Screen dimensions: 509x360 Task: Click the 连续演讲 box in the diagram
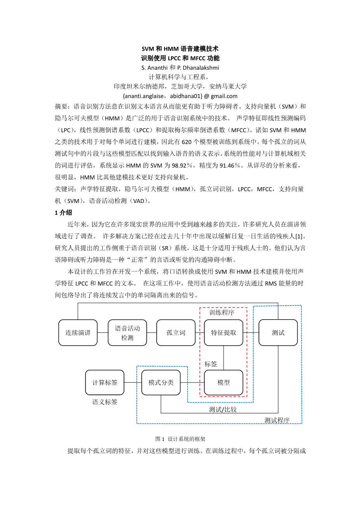click(x=78, y=332)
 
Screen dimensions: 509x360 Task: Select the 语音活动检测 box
click(x=128, y=332)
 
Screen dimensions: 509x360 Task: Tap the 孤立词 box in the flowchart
click(x=176, y=332)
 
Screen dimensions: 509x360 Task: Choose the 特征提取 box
click(x=224, y=332)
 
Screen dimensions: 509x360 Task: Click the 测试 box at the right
click(x=278, y=332)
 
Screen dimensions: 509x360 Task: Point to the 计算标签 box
click(x=105, y=382)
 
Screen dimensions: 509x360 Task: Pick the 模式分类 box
click(x=161, y=382)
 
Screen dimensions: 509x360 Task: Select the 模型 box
click(x=224, y=382)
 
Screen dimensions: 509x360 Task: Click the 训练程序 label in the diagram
click(x=222, y=312)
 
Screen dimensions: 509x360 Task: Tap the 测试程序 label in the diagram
click(x=277, y=420)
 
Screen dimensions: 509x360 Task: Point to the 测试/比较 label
click(x=223, y=409)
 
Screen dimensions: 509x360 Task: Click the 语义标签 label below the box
click(x=105, y=402)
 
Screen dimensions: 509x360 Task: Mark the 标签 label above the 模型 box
click(x=211, y=364)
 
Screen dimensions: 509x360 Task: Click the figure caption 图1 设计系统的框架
click(x=180, y=439)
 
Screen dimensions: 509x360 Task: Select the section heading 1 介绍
click(x=63, y=212)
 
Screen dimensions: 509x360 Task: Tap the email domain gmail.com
click(x=224, y=96)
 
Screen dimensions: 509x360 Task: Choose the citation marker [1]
click(x=301, y=236)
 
